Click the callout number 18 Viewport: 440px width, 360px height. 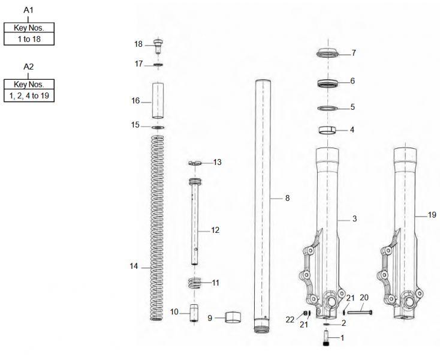138,44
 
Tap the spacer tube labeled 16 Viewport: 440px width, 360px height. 158,101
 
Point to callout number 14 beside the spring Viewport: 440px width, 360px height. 134,266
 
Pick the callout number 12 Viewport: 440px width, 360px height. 215,230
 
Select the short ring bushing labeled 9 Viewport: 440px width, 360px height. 234,317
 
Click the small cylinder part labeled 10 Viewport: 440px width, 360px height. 194,313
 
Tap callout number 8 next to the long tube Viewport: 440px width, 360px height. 287,198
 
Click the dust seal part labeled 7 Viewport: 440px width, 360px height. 329,53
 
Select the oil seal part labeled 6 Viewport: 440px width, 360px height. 329,82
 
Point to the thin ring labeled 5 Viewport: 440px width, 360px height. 329,108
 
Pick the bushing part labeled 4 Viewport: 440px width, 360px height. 328,130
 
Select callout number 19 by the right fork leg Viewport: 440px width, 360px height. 432,214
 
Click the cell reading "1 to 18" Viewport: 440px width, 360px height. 29,38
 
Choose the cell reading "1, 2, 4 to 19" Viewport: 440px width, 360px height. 29,96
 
